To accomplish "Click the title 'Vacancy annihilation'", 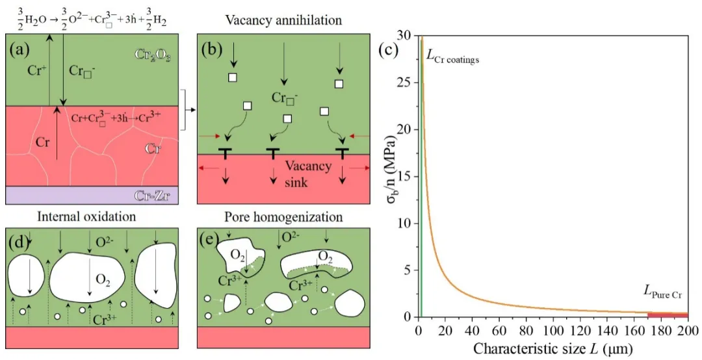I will coord(283,19).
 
